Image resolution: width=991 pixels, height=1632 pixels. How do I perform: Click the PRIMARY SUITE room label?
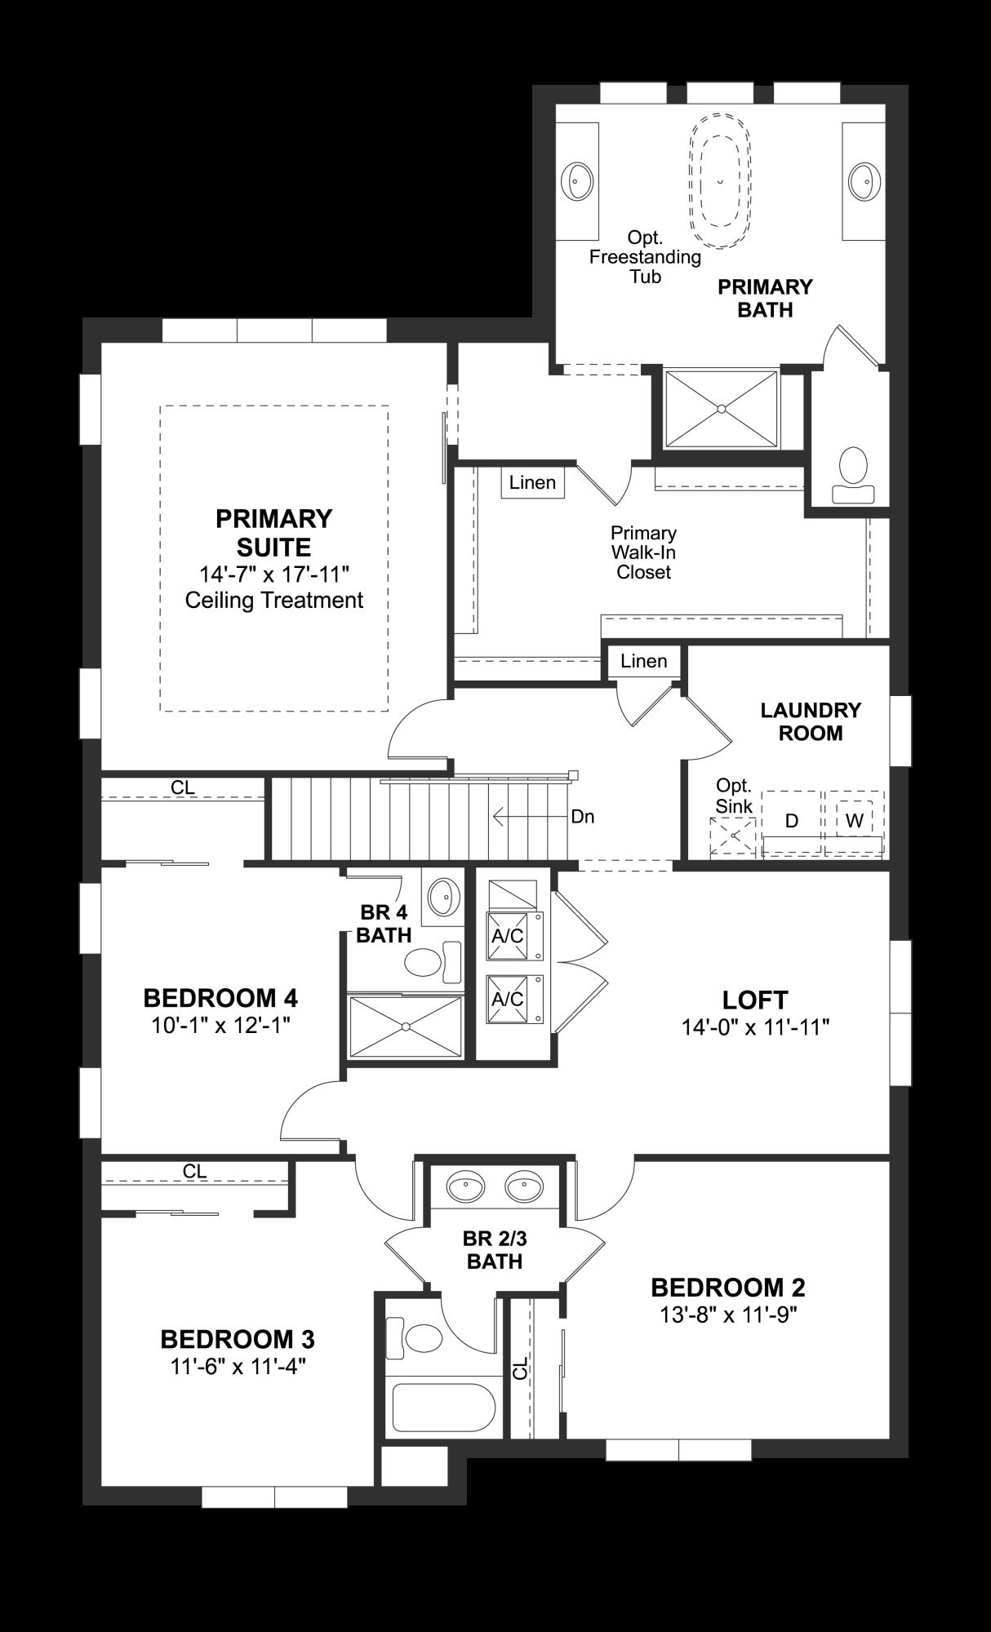(273, 532)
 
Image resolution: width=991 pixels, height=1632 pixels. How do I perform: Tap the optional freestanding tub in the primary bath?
(720, 179)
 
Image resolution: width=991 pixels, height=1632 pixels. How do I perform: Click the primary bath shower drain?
(722, 408)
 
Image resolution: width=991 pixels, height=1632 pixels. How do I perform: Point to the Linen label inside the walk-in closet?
(532, 482)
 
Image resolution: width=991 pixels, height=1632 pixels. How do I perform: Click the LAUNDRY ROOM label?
(811, 721)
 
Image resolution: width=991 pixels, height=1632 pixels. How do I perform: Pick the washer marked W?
(854, 821)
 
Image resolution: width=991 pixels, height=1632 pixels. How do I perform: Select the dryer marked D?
(791, 821)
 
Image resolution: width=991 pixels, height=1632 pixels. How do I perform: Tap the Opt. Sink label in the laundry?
(734, 796)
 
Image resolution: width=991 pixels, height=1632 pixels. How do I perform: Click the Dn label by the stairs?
(583, 816)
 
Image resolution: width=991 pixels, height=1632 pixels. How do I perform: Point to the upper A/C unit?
(508, 936)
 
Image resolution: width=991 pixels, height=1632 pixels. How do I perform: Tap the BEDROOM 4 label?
(220, 997)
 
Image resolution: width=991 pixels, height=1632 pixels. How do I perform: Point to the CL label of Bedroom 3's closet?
(194, 1171)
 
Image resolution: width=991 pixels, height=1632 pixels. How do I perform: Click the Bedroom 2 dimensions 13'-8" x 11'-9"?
(727, 1314)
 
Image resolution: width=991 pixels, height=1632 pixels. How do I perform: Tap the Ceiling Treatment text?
(273, 600)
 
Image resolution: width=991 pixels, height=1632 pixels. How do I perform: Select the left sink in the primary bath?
(579, 180)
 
